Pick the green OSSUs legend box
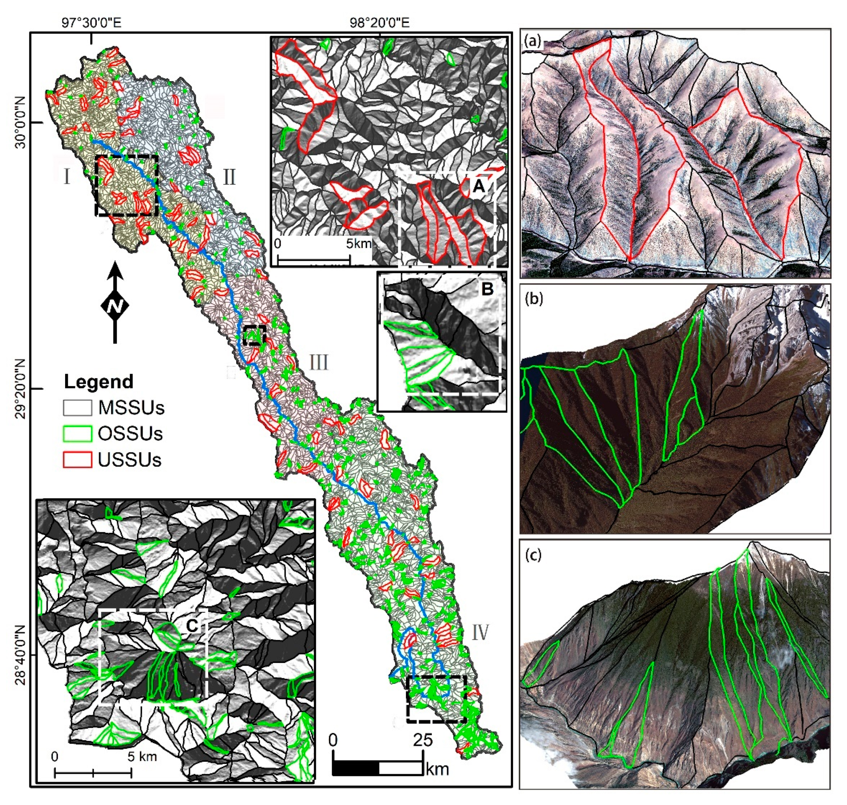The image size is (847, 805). click(x=77, y=434)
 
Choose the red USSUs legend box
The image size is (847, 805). click(x=77, y=460)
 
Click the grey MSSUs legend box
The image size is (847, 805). click(x=77, y=408)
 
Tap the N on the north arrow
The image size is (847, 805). click(x=114, y=306)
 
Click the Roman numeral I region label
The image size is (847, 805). click(x=67, y=177)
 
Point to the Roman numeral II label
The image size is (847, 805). click(x=229, y=177)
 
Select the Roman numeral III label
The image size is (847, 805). click(x=319, y=363)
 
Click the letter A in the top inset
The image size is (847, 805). click(x=478, y=187)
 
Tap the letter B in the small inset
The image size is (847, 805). click(x=487, y=289)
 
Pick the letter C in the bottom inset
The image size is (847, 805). click(x=192, y=627)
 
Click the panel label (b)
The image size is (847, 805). click(x=534, y=299)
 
